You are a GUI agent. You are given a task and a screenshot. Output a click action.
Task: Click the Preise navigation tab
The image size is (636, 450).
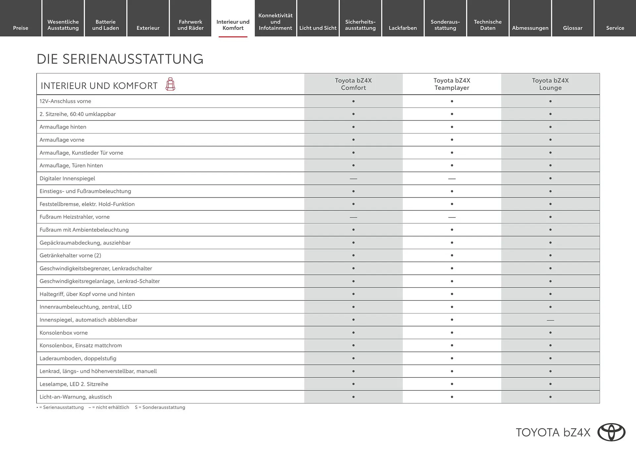pyautogui.click(x=21, y=28)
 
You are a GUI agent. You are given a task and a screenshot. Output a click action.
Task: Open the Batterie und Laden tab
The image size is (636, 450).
pyautogui.click(x=105, y=25)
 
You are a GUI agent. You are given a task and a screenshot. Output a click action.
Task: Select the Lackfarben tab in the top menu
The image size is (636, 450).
pyautogui.click(x=402, y=28)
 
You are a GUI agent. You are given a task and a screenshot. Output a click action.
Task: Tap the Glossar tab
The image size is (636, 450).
pyautogui.click(x=572, y=28)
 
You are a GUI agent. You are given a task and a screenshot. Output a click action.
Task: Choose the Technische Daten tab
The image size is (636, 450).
pyautogui.click(x=488, y=25)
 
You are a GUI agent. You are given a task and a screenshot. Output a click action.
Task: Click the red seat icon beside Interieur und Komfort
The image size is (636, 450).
pyautogui.click(x=170, y=84)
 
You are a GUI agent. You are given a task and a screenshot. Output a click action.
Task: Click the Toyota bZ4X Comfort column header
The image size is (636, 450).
pyautogui.click(x=353, y=84)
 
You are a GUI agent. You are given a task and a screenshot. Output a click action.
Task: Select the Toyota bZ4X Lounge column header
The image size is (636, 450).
pyautogui.click(x=550, y=84)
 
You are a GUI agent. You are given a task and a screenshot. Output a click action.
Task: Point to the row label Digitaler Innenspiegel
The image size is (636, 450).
pyautogui.click(x=67, y=178)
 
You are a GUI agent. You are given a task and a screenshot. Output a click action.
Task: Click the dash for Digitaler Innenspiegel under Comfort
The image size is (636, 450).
pyautogui.click(x=353, y=179)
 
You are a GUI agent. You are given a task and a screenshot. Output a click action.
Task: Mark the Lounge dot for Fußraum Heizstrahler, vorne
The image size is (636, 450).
pyautogui.click(x=550, y=217)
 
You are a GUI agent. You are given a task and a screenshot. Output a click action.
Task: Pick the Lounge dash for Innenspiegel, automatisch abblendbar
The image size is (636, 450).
pyautogui.click(x=550, y=320)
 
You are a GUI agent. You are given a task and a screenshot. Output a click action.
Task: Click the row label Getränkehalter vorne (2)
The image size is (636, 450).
pyautogui.click(x=70, y=255)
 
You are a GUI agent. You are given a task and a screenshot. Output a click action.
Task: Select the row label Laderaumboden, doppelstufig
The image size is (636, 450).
pyautogui.click(x=78, y=358)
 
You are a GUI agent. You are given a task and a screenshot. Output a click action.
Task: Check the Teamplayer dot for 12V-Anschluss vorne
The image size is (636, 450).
pyautogui.click(x=452, y=101)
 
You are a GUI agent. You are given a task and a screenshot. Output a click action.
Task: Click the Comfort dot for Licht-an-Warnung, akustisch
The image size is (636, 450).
pyautogui.click(x=353, y=397)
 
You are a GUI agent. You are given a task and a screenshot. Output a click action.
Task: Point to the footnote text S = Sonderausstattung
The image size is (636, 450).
pyautogui.click(x=160, y=407)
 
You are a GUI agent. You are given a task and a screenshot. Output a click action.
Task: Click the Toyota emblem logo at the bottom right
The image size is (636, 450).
pyautogui.click(x=611, y=432)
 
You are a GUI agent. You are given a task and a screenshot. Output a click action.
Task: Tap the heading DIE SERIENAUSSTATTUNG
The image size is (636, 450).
pyautogui.click(x=120, y=59)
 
